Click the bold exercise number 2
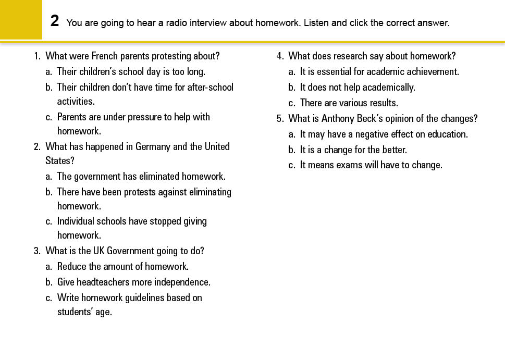(55, 21)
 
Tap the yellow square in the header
(21, 19)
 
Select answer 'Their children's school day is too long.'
(131, 71)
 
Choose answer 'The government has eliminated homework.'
(141, 176)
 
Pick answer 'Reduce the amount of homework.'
(122, 266)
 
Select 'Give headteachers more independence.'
(133, 282)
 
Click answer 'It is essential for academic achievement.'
(379, 71)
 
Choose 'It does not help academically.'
(358, 87)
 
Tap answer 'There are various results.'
(349, 103)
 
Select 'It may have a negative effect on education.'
(384, 134)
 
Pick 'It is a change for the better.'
(353, 150)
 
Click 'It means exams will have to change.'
(371, 165)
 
